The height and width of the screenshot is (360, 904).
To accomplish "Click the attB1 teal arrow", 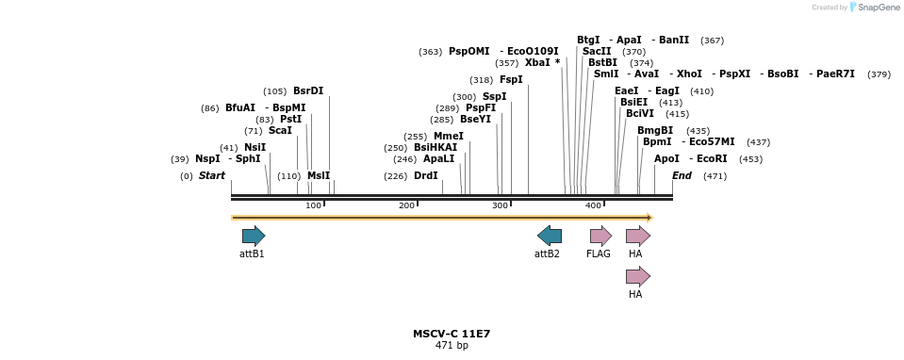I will tap(253, 236).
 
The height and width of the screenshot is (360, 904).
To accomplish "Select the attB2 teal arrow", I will tap(550, 236).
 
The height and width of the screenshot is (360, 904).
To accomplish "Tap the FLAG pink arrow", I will tap(600, 236).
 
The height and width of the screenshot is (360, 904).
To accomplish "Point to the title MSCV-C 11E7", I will tap(452, 334).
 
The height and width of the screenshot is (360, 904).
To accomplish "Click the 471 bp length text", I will tap(452, 346).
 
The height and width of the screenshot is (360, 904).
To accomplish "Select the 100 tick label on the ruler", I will tap(313, 205).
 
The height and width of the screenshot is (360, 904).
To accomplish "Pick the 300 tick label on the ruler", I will tap(500, 205).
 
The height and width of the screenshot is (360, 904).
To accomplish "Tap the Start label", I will tap(212, 175).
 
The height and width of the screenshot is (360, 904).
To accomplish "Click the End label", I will tap(682, 175).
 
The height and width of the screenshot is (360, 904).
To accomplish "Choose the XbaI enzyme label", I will tap(539, 63).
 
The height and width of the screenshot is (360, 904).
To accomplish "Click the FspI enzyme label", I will tap(511, 80).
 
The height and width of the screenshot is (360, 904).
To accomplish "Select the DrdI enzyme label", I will tap(426, 175).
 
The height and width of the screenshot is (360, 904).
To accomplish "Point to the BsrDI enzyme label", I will tap(308, 91).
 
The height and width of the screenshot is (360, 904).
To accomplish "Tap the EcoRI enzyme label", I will tap(712, 158).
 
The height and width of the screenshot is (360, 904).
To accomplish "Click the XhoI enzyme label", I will tap(689, 74).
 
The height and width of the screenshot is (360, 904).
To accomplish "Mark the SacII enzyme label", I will tap(597, 51).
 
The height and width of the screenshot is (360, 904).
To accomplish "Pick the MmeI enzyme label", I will tap(449, 137).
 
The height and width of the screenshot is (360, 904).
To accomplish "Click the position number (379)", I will tap(879, 74).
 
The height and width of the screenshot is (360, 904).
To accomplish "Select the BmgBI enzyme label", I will tap(655, 130).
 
